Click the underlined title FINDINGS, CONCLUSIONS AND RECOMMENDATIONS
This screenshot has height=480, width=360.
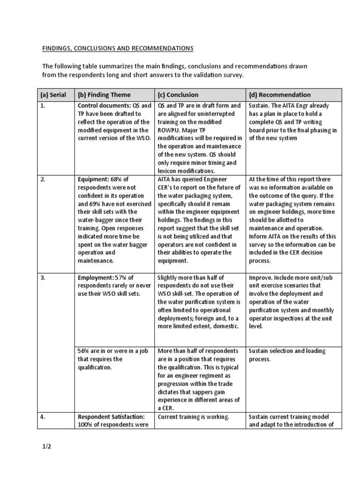pyautogui.click(x=118, y=48)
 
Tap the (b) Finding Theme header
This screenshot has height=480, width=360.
pyautogui.click(x=104, y=95)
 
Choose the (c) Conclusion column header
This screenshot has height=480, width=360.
pyautogui.click(x=178, y=95)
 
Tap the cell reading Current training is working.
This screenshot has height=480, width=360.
pyautogui.click(x=194, y=417)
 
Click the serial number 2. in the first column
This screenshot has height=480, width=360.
pyautogui.click(x=43, y=180)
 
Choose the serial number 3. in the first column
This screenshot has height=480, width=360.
pyautogui.click(x=43, y=278)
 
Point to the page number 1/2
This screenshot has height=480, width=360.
pyautogui.click(x=45, y=447)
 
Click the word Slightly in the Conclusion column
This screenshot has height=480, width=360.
pyautogui.click(x=169, y=278)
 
